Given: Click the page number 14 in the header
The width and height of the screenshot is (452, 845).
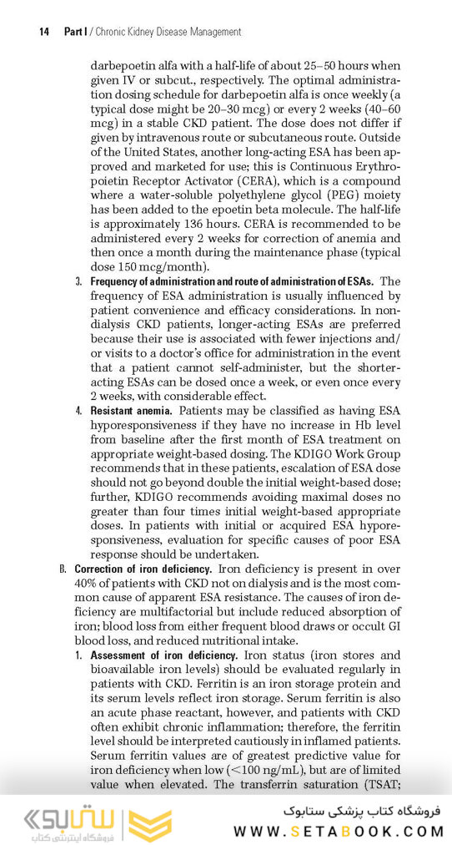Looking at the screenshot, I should pyautogui.click(x=44, y=32).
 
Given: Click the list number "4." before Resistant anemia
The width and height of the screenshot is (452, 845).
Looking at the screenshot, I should pyautogui.click(x=79, y=411).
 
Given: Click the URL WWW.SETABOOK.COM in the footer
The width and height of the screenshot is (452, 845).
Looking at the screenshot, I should pyautogui.click(x=339, y=830).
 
